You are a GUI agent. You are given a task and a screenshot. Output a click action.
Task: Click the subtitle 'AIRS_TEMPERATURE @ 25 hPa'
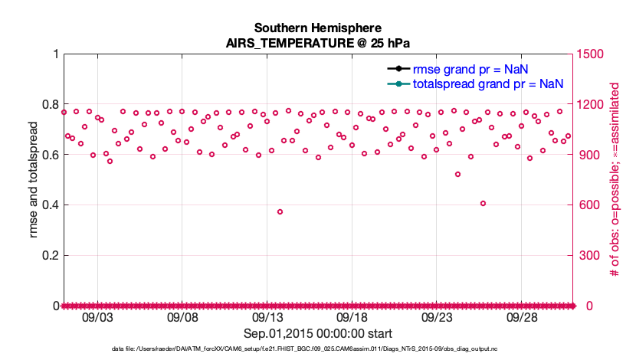tap(318, 43)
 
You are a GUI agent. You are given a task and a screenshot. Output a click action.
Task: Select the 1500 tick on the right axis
tap(592, 54)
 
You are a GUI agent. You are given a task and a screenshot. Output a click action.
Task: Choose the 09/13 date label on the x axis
tap(267, 317)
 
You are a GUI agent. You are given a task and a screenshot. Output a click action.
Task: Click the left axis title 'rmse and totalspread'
tap(34, 180)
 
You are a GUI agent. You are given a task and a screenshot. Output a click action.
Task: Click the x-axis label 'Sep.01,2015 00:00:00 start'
tap(318, 333)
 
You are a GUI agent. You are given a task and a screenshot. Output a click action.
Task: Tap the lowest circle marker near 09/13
tap(280, 211)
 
